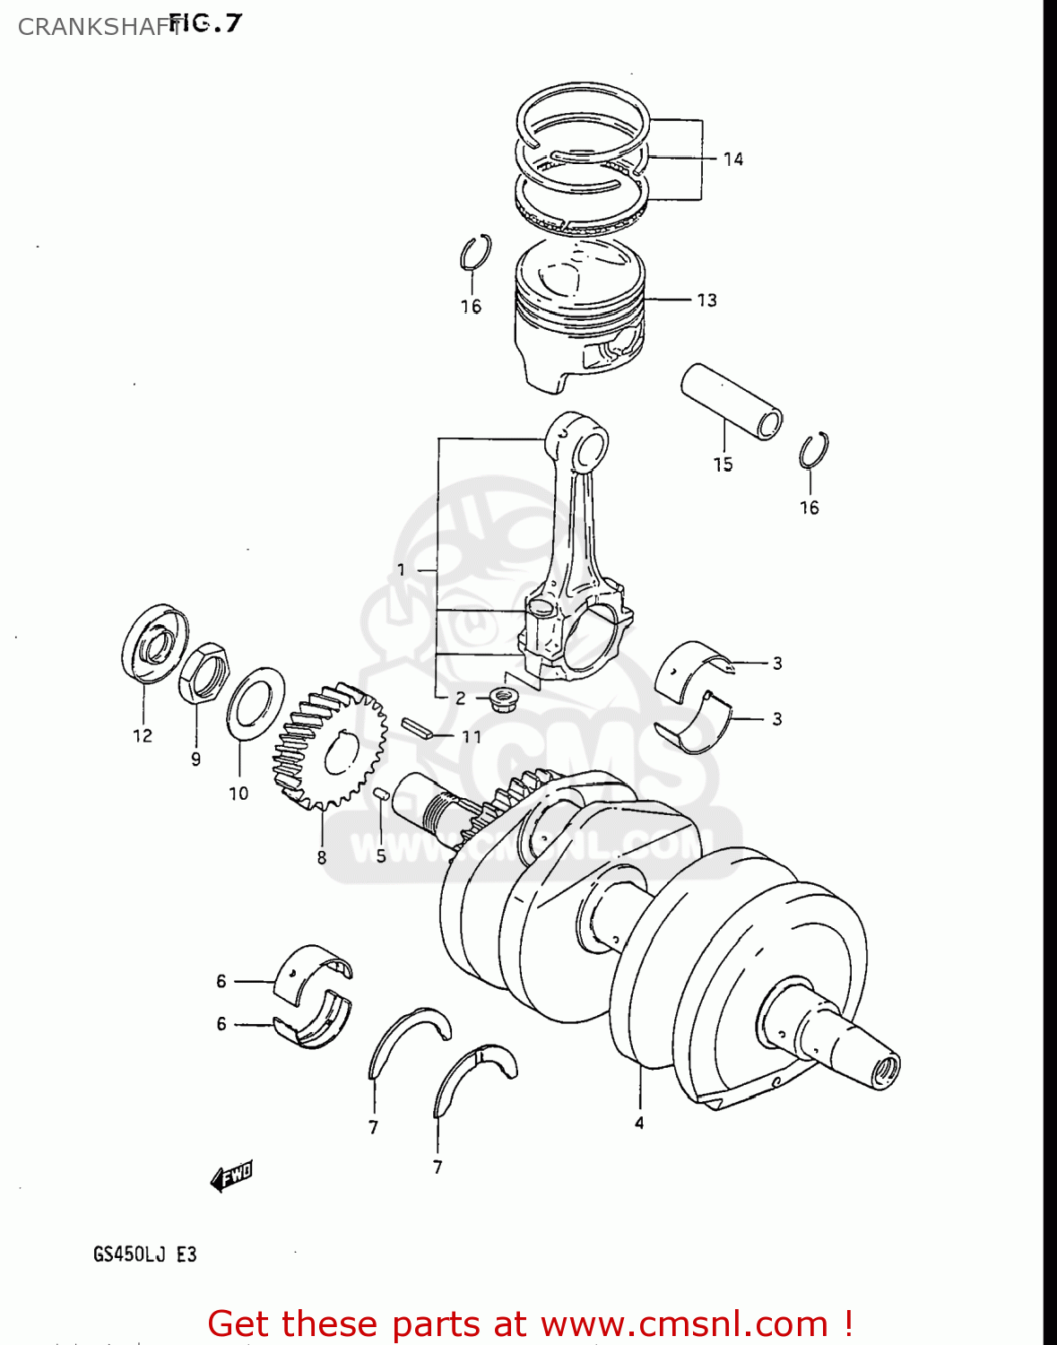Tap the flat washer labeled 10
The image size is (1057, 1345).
click(x=256, y=703)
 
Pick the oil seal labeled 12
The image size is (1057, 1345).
click(x=154, y=642)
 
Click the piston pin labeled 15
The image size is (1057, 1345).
click(x=731, y=400)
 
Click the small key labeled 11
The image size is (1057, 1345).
click(x=417, y=727)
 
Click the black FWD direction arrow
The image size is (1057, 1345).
click(x=231, y=1176)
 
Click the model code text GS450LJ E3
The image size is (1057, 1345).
click(x=144, y=1254)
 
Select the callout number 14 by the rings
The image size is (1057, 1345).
click(x=733, y=160)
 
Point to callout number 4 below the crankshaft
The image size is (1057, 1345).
click(x=639, y=1123)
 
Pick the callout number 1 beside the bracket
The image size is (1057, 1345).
click(x=401, y=569)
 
